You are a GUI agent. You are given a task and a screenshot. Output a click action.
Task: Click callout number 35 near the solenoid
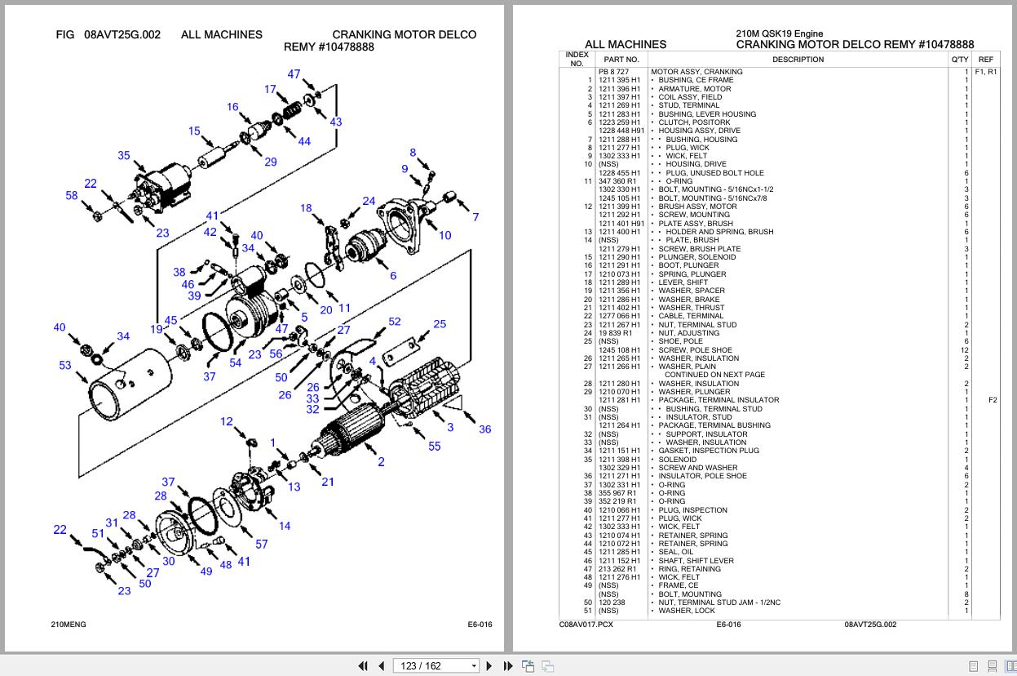coord(123,155)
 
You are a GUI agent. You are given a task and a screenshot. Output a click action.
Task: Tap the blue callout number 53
coord(64,365)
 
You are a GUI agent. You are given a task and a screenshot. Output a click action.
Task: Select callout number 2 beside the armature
coord(381,462)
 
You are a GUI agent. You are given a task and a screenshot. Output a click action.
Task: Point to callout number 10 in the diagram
coord(444,235)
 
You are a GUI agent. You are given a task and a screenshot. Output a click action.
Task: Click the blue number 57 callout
coord(261,544)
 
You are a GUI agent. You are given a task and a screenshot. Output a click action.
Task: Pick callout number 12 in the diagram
coord(226,421)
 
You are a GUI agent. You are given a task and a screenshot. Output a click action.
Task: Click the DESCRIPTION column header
coord(798,60)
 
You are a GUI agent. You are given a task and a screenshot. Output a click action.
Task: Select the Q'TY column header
coord(960,60)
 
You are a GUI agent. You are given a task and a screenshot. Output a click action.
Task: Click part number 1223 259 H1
coord(619,122)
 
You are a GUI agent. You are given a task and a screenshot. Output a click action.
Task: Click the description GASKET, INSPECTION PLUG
coord(708,451)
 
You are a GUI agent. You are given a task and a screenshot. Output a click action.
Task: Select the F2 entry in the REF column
coord(992,400)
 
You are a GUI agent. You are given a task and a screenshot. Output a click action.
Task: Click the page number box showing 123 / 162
coord(431,665)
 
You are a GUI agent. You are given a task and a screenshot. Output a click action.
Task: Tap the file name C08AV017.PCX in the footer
coord(586,625)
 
